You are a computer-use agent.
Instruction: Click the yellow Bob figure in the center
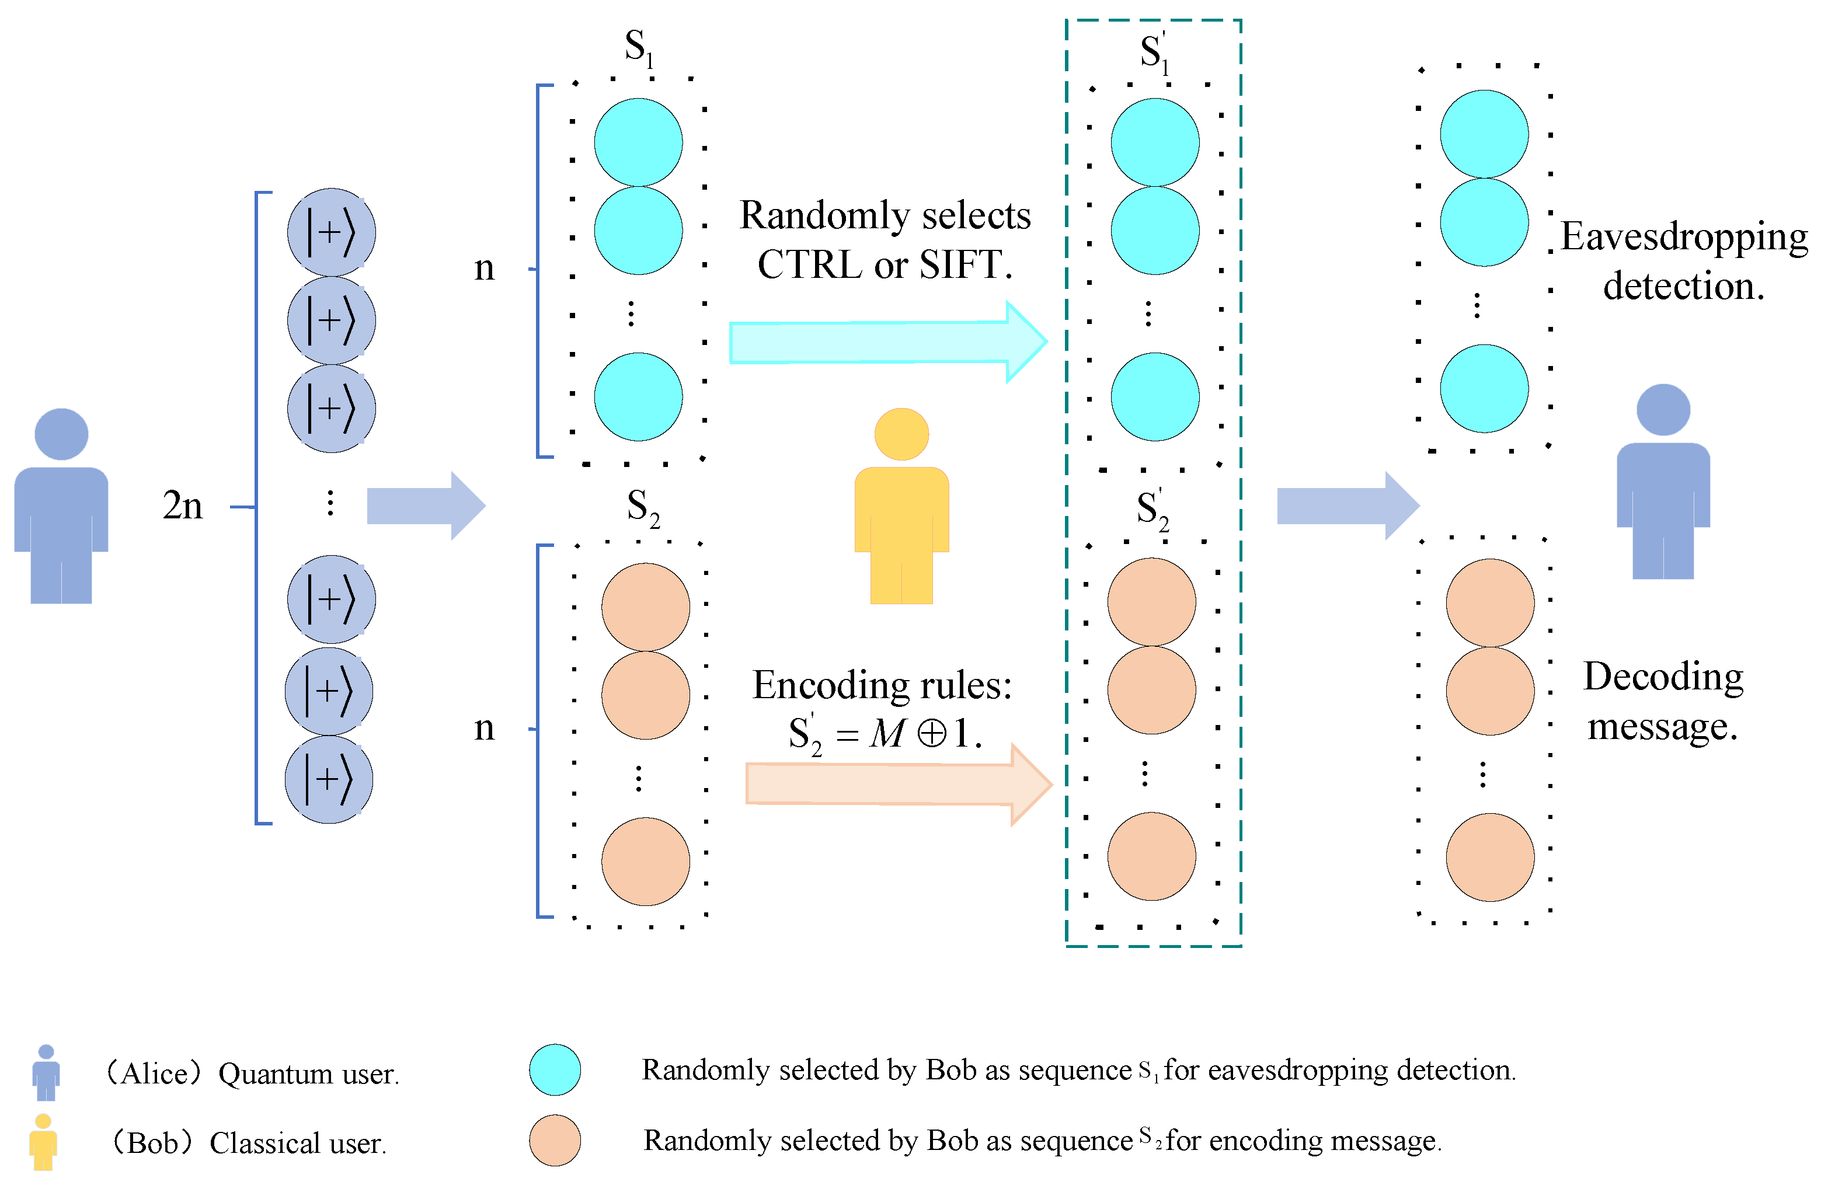(901, 508)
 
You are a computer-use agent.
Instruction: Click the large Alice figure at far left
(61, 508)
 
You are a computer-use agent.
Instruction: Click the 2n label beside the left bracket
(183, 506)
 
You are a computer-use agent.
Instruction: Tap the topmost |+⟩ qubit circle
(331, 232)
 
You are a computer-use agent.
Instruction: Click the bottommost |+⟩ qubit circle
(329, 779)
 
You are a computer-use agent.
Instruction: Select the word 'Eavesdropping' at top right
(1683, 237)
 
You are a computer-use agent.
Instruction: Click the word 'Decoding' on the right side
(1663, 677)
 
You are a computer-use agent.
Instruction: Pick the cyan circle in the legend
(555, 1069)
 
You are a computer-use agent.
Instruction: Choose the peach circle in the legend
(555, 1140)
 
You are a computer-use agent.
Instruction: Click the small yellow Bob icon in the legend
(44, 1141)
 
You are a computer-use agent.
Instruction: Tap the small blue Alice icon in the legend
(46, 1072)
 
